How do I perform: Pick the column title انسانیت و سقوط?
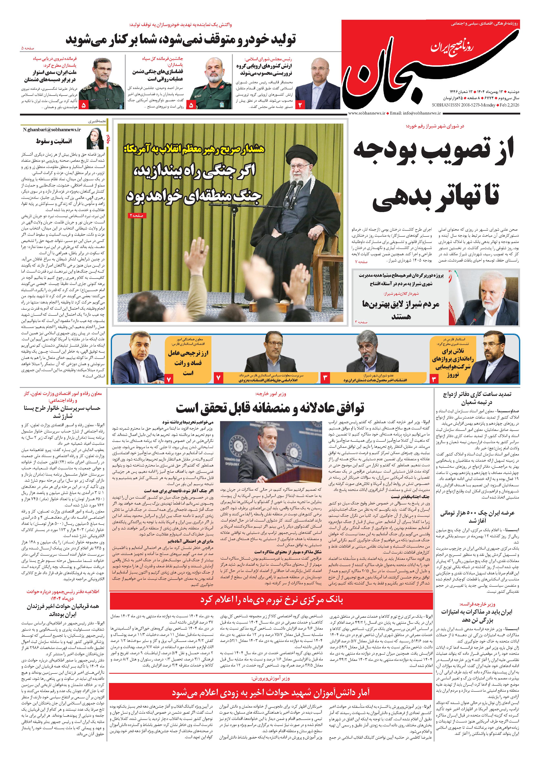coord(54,141)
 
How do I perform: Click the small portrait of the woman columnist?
coord(95,138)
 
